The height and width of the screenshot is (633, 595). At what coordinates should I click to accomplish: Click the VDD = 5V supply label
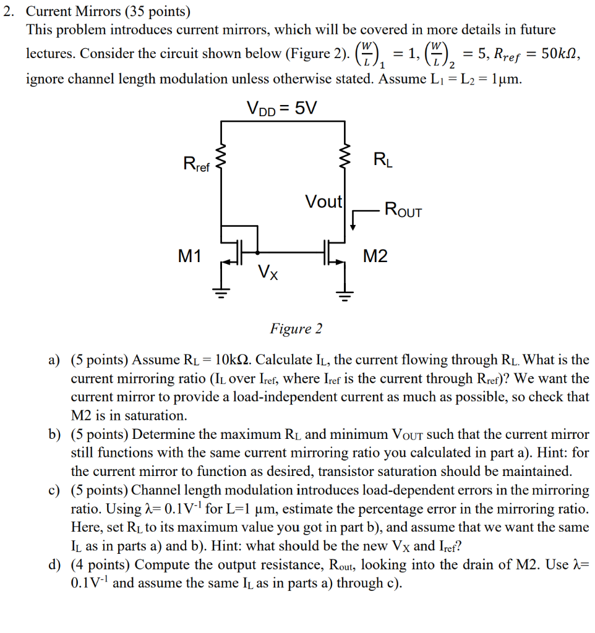point(281,109)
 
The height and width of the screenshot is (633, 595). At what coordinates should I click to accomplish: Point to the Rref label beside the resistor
point(197,164)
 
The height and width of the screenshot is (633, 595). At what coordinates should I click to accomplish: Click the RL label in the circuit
point(382,160)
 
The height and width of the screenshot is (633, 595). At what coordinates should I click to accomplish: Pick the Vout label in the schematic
point(323,202)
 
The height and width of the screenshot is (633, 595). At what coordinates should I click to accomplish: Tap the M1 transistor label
point(190,256)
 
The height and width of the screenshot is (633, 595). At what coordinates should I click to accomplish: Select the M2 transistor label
point(375,256)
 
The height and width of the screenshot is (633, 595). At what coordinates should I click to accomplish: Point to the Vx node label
point(268,271)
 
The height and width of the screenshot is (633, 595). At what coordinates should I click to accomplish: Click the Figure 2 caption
point(296,328)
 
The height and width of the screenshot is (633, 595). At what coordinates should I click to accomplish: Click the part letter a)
point(54,360)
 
